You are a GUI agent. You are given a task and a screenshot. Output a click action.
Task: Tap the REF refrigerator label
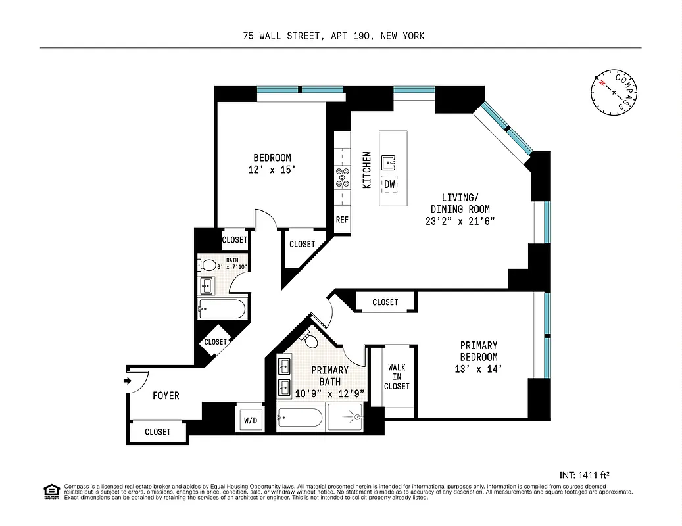point(342,220)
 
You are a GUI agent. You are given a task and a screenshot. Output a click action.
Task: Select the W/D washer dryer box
point(250,418)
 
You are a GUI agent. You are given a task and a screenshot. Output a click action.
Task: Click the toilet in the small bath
point(209,266)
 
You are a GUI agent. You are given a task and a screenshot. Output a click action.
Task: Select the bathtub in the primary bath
point(300,418)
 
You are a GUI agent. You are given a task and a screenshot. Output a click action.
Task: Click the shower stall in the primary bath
point(346,418)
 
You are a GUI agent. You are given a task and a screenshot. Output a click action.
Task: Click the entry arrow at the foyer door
point(126,381)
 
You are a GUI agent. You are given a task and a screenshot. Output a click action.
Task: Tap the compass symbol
point(614,91)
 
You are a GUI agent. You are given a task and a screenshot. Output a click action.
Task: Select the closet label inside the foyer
point(157,431)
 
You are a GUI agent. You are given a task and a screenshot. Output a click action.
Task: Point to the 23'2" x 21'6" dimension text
point(460,221)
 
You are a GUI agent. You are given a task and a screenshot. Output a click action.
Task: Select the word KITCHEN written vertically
point(367,170)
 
